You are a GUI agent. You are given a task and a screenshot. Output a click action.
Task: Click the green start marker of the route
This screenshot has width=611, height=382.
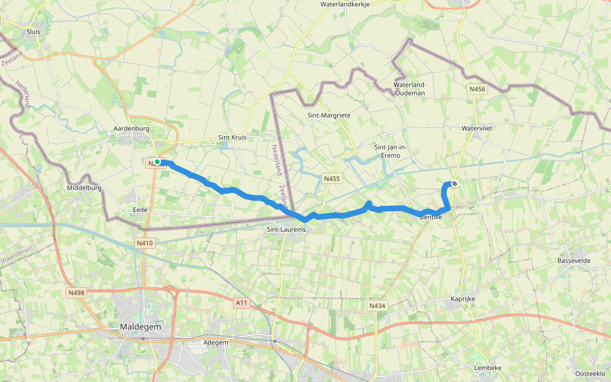click(x=157, y=162)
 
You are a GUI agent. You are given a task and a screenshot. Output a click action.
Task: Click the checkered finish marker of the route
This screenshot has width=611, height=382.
click(x=454, y=184)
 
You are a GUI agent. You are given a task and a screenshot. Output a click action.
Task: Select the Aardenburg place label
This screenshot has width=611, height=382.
click(x=130, y=129)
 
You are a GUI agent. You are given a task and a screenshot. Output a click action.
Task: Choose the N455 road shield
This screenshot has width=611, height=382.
click(x=331, y=180)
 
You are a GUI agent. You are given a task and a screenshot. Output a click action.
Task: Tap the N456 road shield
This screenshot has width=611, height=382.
click(x=477, y=89)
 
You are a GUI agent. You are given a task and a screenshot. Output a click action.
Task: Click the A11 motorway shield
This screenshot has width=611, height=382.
click(x=241, y=303)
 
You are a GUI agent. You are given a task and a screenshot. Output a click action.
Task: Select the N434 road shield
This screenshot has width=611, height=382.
click(x=377, y=306)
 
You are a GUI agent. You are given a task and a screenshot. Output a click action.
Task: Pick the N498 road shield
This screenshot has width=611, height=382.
click(x=76, y=292)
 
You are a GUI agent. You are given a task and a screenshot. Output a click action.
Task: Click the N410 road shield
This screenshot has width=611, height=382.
click(x=145, y=243)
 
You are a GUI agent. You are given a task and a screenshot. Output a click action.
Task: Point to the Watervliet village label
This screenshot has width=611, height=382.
click(x=478, y=128)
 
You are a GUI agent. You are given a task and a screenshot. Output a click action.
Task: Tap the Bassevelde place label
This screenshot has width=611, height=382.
click(x=575, y=261)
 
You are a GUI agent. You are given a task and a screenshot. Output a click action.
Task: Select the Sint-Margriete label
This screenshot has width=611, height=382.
click(x=329, y=115)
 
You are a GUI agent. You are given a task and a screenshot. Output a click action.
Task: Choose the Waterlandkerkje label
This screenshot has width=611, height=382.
click(x=348, y=4)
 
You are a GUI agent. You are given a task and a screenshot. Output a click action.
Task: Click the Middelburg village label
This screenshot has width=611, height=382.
click(x=84, y=188)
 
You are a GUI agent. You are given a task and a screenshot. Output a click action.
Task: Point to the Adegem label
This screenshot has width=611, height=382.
click(x=215, y=343)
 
